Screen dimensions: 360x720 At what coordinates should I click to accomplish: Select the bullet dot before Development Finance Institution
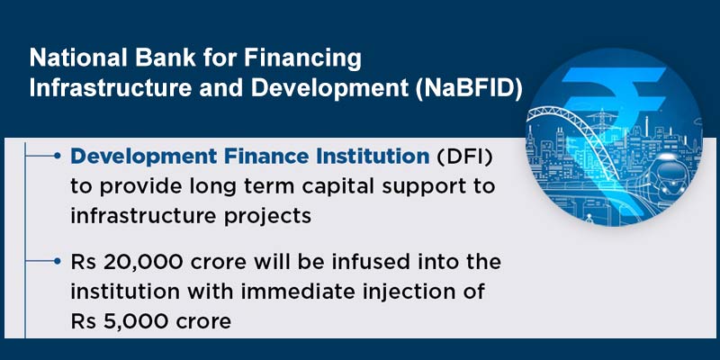coord(58,157)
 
